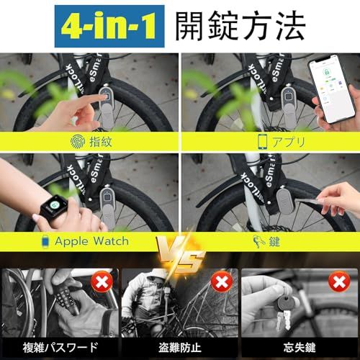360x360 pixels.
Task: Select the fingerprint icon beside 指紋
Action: tap(78, 140)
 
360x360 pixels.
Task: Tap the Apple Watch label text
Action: tap(92, 240)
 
